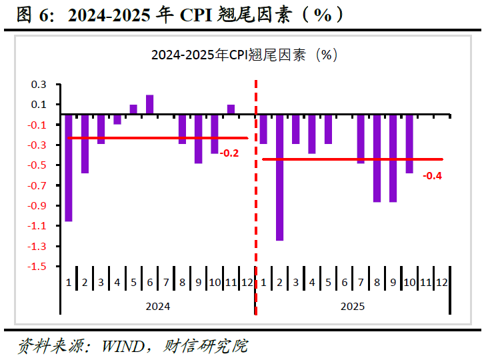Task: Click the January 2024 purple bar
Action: click(x=69, y=168)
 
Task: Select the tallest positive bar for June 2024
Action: click(x=150, y=105)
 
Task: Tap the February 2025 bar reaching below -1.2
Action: click(x=280, y=177)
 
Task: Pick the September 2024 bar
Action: click(x=199, y=139)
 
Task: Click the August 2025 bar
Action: click(x=377, y=159)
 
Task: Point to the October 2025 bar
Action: click(x=410, y=144)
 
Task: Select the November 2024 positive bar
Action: click(x=231, y=109)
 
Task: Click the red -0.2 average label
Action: click(x=229, y=153)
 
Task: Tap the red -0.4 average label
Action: click(x=432, y=176)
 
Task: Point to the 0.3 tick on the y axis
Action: click(x=39, y=85)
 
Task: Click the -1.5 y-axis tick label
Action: click(x=37, y=267)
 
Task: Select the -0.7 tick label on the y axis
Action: click(x=37, y=185)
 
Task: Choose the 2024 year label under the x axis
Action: click(x=158, y=307)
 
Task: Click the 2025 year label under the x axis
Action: click(x=353, y=307)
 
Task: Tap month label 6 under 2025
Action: click(x=345, y=283)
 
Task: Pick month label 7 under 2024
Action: click(x=166, y=283)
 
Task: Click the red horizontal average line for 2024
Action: click(x=158, y=138)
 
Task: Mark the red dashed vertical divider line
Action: click(x=256, y=197)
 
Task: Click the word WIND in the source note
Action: click(x=123, y=346)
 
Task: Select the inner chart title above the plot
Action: click(x=245, y=55)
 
